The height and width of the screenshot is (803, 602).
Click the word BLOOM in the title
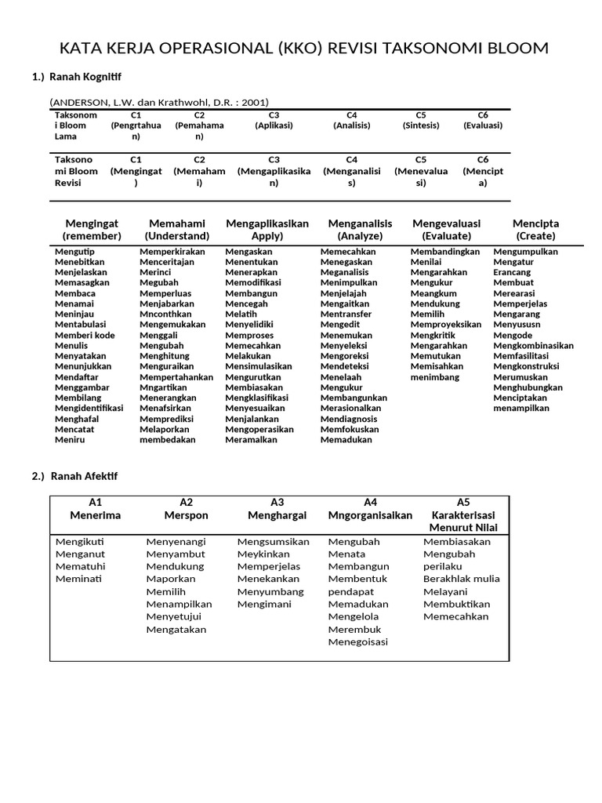pyautogui.click(x=513, y=49)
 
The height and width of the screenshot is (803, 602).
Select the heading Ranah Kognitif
pyautogui.click(x=86, y=77)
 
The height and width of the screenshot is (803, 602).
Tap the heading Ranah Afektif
pyautogui.click(x=84, y=476)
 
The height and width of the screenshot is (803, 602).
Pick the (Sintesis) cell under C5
pyautogui.click(x=421, y=125)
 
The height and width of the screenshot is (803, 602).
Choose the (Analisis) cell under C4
pyautogui.click(x=352, y=125)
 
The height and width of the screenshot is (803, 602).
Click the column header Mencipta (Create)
pyautogui.click(x=535, y=230)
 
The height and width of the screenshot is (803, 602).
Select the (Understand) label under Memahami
pyautogui.click(x=177, y=236)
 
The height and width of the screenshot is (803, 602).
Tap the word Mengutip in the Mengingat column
pyautogui.click(x=74, y=251)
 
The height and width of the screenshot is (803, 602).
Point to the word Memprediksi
pyautogui.click(x=167, y=418)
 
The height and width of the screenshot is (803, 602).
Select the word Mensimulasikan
pyautogui.click(x=259, y=366)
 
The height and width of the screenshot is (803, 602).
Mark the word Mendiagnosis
pyautogui.click(x=349, y=418)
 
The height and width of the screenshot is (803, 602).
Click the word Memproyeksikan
pyautogui.click(x=446, y=324)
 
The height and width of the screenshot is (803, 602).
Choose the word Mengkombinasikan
pyautogui.click(x=533, y=345)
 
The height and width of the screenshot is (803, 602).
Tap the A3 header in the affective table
pyautogui.click(x=277, y=502)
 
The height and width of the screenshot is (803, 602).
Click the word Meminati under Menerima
pyautogui.click(x=78, y=579)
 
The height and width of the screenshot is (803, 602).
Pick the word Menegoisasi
pyautogui.click(x=358, y=641)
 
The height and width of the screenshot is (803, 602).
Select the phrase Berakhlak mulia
pyautogui.click(x=462, y=579)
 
